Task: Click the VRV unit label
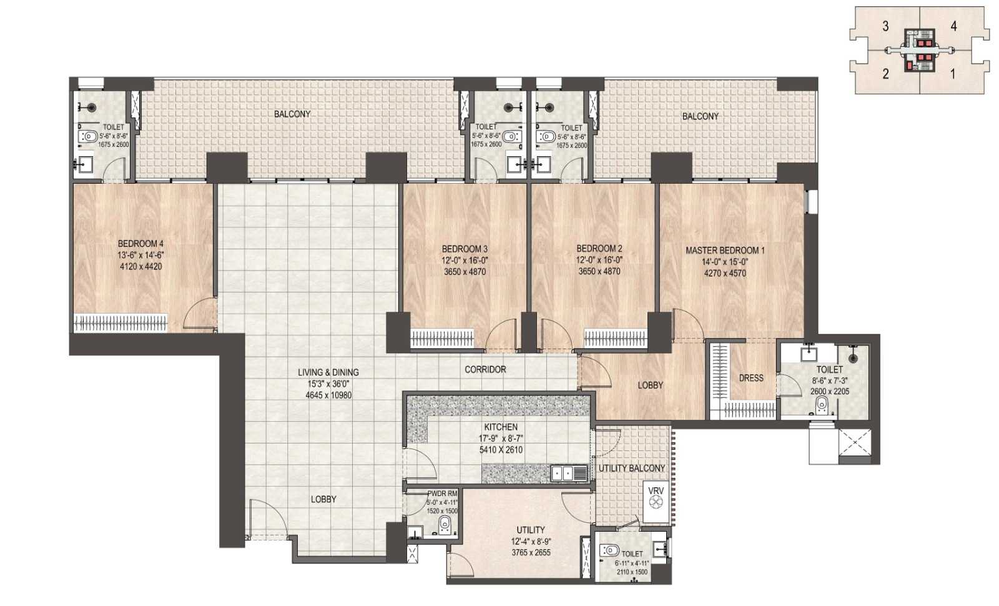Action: tap(656, 491)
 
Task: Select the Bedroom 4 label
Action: tap(140, 244)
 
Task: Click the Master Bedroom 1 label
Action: tap(725, 251)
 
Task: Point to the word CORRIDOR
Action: tap(485, 369)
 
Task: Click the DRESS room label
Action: tap(751, 378)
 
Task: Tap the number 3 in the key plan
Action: tap(886, 27)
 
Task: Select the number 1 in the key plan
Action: tap(953, 74)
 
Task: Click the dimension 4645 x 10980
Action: tap(328, 395)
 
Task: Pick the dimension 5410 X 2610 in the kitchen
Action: tap(501, 450)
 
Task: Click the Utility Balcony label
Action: tap(631, 468)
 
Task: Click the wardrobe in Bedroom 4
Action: tap(121, 322)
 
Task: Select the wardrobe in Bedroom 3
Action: tap(442, 338)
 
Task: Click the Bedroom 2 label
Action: tap(599, 249)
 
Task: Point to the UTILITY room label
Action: tap(531, 530)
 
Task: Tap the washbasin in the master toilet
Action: tap(808, 354)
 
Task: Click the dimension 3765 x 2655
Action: tap(531, 552)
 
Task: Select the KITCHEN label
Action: tap(501, 427)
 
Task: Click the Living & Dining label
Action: tap(328, 372)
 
